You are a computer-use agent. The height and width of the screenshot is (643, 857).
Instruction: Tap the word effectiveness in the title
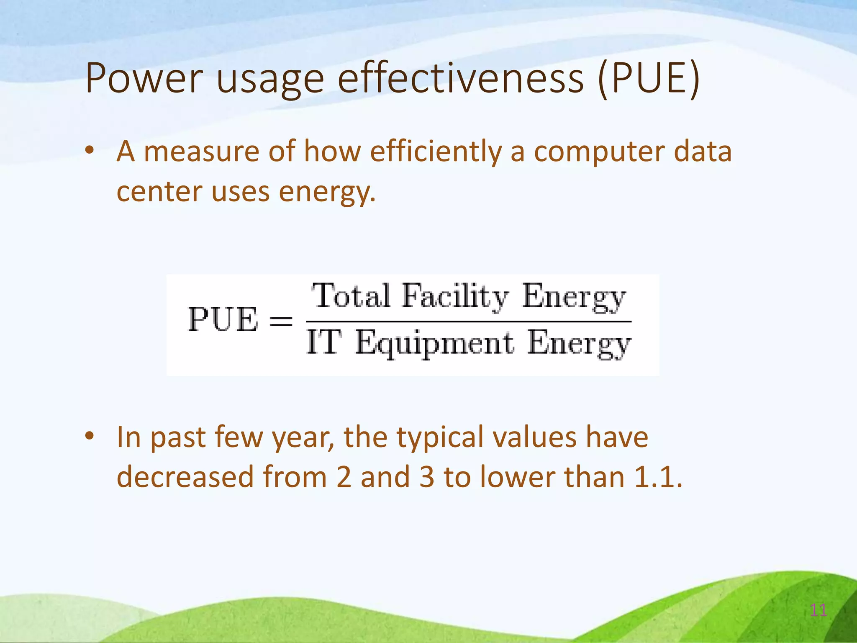pos(460,78)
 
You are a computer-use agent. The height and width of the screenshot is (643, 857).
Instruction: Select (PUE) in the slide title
pos(649,78)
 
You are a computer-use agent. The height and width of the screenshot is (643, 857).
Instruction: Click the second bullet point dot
pos(89,436)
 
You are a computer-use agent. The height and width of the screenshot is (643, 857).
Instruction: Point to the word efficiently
pos(435,152)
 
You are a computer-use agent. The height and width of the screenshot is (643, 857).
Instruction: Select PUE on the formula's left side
pos(223,320)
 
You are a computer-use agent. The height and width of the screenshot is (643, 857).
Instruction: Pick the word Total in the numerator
pos(352,296)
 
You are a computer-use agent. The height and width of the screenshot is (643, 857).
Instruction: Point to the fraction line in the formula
pos(469,321)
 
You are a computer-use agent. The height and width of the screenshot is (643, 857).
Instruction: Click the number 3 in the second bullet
pos(427,477)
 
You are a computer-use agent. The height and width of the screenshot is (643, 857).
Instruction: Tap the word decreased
pos(185,477)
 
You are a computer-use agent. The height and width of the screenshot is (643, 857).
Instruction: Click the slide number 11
pos(818,610)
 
